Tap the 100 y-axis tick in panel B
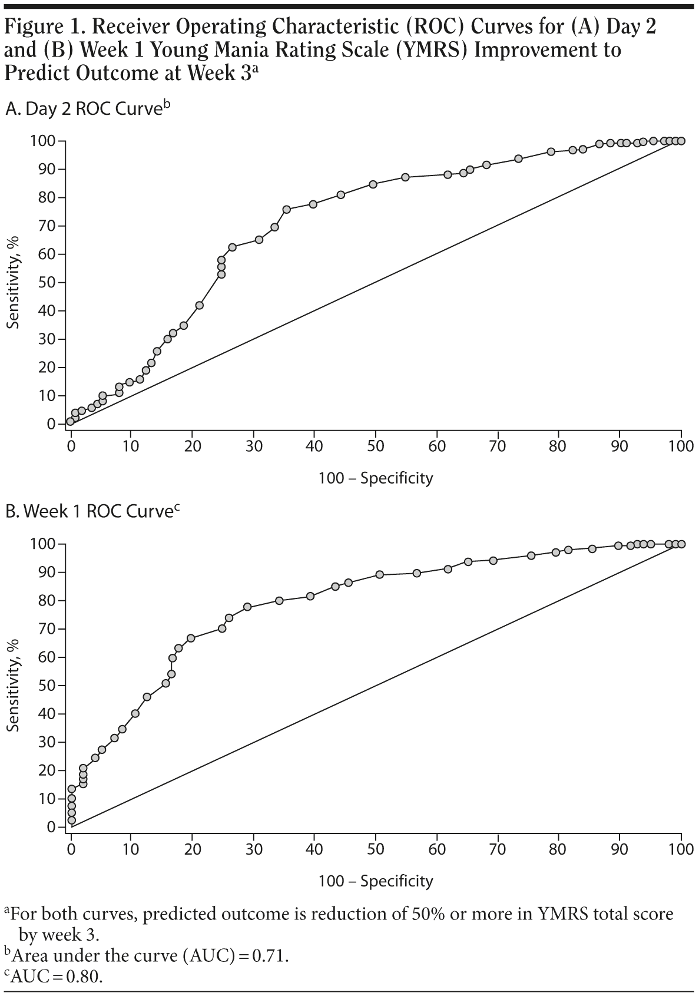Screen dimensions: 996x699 tap(43, 544)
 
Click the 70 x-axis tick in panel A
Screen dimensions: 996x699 tap(498, 446)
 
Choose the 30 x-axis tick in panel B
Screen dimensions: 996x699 tap(254, 849)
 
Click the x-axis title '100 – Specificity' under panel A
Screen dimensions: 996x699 tap(375, 478)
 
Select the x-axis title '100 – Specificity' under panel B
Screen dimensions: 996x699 tap(375, 881)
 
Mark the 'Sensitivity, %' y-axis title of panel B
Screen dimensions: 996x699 tap(14, 685)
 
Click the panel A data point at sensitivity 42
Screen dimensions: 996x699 tap(200, 305)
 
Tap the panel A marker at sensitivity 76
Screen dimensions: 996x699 tap(287, 209)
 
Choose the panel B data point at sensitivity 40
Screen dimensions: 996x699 tap(135, 713)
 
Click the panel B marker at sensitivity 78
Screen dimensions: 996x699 tap(247, 607)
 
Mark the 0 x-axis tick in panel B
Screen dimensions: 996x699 tap(71, 849)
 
